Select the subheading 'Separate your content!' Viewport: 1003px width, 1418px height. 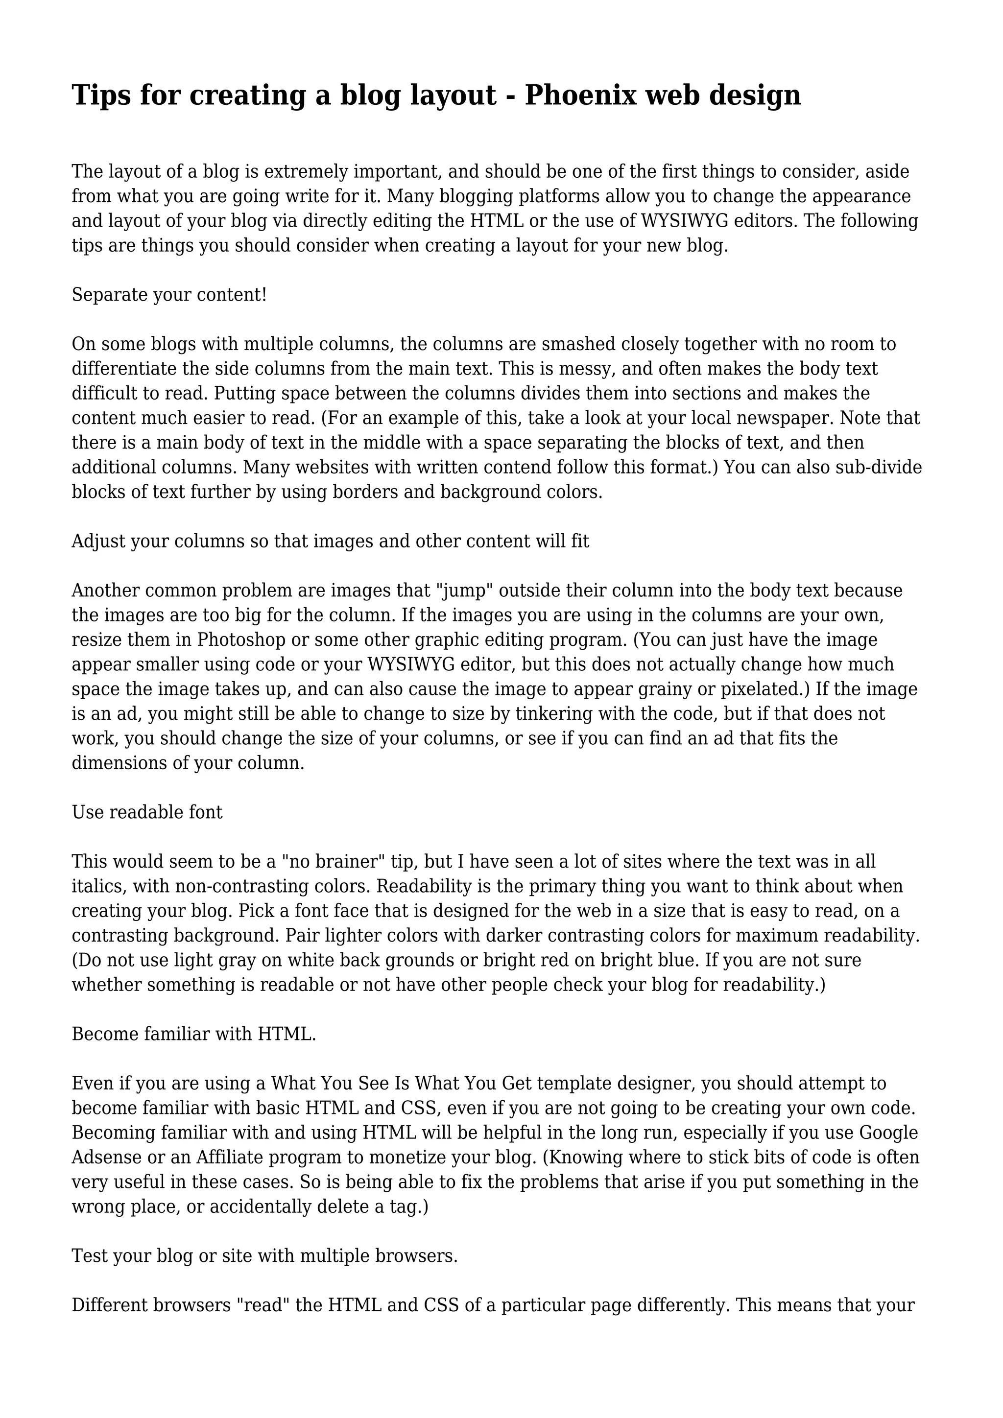[x=169, y=295]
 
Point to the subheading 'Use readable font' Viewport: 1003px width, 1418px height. [x=147, y=812]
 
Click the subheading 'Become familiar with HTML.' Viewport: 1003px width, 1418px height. [x=194, y=1034]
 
